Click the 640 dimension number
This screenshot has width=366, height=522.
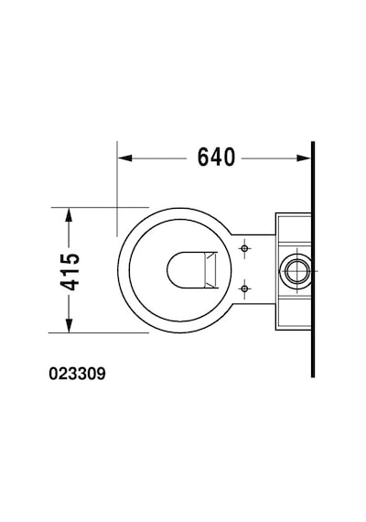tap(216, 158)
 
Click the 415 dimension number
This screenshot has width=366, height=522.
tap(70, 271)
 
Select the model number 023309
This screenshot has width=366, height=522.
tap(77, 374)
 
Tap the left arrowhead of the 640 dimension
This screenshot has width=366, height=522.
tap(124, 158)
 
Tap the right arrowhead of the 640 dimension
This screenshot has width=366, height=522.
tap(304, 158)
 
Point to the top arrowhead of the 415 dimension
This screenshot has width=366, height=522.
tap(69, 214)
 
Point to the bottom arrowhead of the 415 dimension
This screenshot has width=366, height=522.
tap(69, 326)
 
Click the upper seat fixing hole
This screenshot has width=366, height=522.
tap(244, 248)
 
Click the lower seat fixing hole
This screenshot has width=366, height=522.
tap(244, 288)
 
